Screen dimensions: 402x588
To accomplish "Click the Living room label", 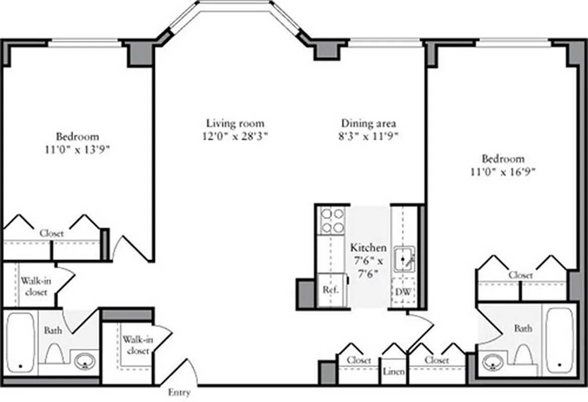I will point(235,123).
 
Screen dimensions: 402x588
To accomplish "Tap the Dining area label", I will point(369,123).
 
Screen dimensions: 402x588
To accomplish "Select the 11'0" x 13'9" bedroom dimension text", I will point(77,149).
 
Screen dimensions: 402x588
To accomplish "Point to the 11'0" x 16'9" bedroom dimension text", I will point(503,172).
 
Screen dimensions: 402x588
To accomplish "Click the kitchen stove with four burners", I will point(332,221).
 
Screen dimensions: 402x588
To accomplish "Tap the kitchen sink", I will point(404,259).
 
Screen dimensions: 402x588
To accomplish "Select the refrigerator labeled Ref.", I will point(331,290).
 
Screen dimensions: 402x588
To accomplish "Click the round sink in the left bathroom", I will point(85,361).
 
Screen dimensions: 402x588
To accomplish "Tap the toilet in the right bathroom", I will point(523,355).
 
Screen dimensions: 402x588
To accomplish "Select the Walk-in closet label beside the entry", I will point(137,346).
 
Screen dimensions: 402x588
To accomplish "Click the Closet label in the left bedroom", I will point(52,234).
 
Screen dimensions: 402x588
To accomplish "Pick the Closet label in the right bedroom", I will point(521,275).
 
